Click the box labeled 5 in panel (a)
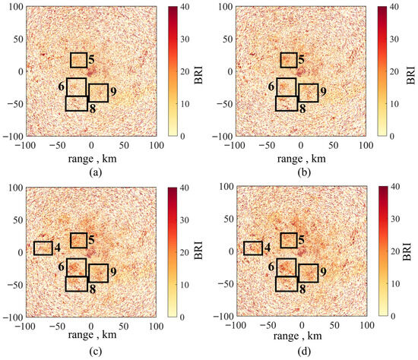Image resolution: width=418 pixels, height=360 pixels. [71, 60]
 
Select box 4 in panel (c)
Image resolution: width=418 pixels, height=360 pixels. [34, 248]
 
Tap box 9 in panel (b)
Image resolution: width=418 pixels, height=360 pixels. [299, 93]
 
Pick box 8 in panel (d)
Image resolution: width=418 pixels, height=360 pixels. [276, 284]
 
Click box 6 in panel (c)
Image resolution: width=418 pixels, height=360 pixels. [67, 267]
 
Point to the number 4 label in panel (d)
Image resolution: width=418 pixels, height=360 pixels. [267, 248]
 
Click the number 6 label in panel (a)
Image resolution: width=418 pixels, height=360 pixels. [62, 86]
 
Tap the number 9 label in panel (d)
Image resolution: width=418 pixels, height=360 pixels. [323, 272]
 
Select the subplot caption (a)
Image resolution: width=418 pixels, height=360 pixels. [96, 173]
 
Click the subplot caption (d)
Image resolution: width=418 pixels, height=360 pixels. [304, 352]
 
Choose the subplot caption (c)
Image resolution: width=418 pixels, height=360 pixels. [96, 352]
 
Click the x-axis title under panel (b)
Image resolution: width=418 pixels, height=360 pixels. [302, 159]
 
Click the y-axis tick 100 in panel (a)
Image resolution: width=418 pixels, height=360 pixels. [16, 6]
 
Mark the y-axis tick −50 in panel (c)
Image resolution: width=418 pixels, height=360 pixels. [13, 285]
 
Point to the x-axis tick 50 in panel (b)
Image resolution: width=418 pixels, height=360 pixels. [333, 145]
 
